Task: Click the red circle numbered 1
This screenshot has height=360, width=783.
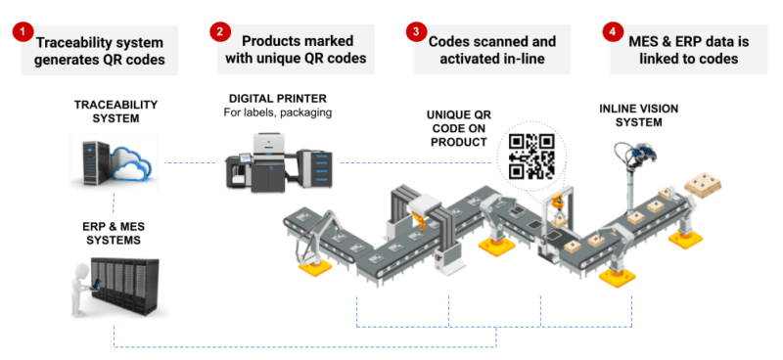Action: coord(21,36)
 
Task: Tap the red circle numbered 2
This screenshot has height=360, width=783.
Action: coord(221,32)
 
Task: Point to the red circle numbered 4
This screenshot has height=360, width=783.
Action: coord(613,32)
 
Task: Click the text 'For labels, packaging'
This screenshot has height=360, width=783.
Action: coord(278,112)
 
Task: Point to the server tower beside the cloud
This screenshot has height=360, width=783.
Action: coord(90,161)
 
